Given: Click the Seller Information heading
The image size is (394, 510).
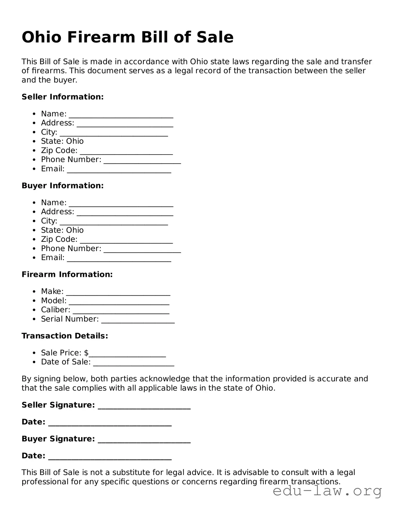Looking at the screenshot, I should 62,97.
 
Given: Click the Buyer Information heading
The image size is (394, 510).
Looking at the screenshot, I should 62,186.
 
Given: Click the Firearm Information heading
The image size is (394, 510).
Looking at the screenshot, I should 67,275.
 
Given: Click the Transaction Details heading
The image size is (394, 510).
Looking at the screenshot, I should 65,336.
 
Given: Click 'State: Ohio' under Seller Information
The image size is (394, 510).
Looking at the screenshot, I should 62,141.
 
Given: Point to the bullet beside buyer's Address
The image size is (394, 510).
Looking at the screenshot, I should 34,212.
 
